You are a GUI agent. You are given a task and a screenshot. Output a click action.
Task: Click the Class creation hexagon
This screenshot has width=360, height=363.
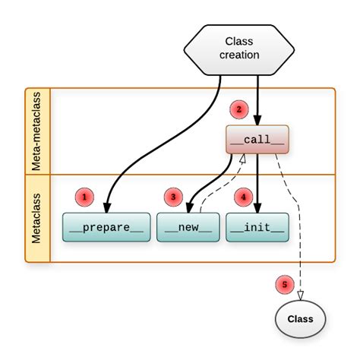239,50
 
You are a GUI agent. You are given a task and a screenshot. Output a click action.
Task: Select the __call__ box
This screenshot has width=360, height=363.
257,140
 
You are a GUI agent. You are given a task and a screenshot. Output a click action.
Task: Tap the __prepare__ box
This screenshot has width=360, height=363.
106,227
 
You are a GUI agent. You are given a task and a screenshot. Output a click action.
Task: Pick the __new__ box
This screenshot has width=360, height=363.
188,227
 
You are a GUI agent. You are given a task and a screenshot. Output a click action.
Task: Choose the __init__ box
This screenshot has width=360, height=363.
257,227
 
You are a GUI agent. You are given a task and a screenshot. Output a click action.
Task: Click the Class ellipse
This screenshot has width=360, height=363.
300,319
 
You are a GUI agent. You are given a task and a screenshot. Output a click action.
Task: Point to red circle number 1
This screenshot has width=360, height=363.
84,197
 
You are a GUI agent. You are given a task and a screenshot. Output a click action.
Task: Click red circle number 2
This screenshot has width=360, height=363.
238,109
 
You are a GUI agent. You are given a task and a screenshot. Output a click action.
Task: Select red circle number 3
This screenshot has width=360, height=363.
173,197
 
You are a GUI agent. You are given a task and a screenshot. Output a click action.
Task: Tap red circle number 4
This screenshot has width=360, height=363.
244,197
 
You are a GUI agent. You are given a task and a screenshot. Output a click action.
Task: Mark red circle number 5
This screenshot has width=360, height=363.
285,284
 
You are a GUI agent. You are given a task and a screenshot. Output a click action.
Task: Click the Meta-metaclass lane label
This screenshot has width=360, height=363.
36,131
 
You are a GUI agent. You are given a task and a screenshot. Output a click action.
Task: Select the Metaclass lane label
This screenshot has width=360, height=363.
36,218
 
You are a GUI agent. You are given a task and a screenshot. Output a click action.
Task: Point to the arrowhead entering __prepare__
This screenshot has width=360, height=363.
107,208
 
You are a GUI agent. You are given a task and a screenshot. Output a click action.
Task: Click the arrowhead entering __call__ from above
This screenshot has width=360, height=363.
257,120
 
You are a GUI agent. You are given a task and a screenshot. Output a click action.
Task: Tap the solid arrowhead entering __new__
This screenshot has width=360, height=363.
189,208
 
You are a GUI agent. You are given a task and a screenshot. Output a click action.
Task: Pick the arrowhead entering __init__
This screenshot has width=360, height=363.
257,208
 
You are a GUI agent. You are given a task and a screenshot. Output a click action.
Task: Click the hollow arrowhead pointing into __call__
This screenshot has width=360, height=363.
243,159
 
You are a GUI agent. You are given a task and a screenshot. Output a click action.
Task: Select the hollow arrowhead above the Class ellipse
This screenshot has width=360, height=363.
300,295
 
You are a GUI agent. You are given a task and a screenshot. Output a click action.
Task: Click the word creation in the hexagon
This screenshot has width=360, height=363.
239,55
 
